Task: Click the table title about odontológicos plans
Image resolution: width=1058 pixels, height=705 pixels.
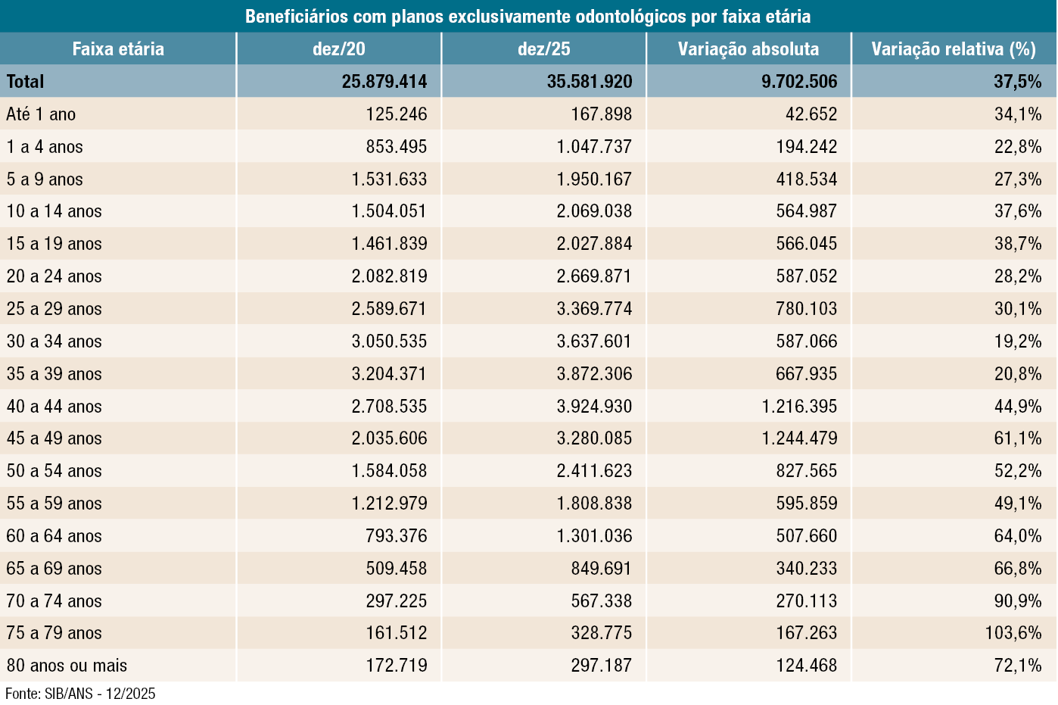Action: [x=527, y=16]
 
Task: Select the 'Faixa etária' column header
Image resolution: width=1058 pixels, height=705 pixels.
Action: [x=118, y=49]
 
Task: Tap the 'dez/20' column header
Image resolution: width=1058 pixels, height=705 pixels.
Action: [x=338, y=49]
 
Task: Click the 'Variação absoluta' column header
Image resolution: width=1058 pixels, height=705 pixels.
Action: [x=748, y=49]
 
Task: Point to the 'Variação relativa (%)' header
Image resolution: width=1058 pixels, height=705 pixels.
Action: [x=953, y=49]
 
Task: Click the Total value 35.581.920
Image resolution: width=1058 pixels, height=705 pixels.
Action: [x=590, y=82]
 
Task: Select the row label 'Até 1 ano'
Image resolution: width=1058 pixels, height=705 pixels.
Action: [x=42, y=114]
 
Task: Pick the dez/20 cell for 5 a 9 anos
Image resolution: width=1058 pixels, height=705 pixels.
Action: [x=389, y=179]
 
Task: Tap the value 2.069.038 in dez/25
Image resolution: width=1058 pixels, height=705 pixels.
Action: [x=594, y=211]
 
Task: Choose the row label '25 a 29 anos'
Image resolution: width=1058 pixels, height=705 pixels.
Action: [x=54, y=309]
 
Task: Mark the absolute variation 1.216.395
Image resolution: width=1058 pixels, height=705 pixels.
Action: [x=799, y=407]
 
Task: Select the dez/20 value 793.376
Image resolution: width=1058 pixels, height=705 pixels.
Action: [x=397, y=536]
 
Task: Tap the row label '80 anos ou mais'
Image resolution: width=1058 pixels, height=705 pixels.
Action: [x=67, y=666]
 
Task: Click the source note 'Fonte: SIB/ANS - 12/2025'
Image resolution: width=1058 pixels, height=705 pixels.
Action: [x=80, y=694]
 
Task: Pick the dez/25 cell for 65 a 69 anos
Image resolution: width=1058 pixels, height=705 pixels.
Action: [x=601, y=569]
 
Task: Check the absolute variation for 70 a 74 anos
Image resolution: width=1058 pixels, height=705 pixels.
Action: [x=806, y=601]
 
